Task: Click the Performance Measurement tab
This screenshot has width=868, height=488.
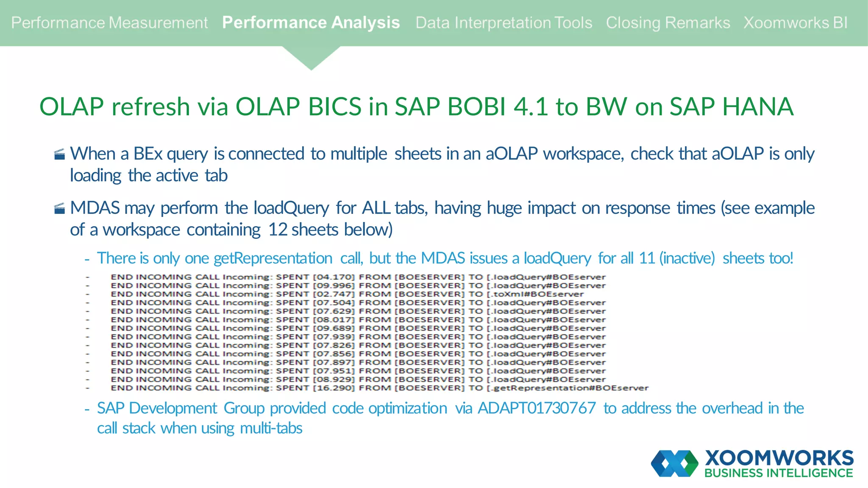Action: (109, 23)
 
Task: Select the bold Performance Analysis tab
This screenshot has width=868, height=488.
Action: (311, 23)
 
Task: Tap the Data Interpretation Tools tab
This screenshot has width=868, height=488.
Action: (504, 23)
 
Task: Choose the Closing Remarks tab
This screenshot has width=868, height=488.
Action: (668, 23)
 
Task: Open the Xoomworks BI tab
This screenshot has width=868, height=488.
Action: (795, 23)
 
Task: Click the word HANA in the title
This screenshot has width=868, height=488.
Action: (757, 106)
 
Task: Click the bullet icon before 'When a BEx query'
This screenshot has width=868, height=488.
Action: (60, 154)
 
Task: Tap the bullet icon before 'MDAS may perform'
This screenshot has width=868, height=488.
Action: (60, 208)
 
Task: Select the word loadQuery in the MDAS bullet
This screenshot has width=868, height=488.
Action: (291, 208)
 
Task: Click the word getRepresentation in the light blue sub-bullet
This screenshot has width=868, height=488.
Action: (273, 258)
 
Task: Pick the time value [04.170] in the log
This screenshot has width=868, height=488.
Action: (334, 277)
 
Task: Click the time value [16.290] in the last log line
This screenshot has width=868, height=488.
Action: (334, 388)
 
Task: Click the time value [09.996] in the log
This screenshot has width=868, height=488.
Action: (334, 286)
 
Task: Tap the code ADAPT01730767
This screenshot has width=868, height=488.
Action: (537, 408)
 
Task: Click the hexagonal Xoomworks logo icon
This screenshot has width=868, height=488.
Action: (674, 463)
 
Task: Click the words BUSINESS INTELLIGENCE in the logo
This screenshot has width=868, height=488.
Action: (779, 473)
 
